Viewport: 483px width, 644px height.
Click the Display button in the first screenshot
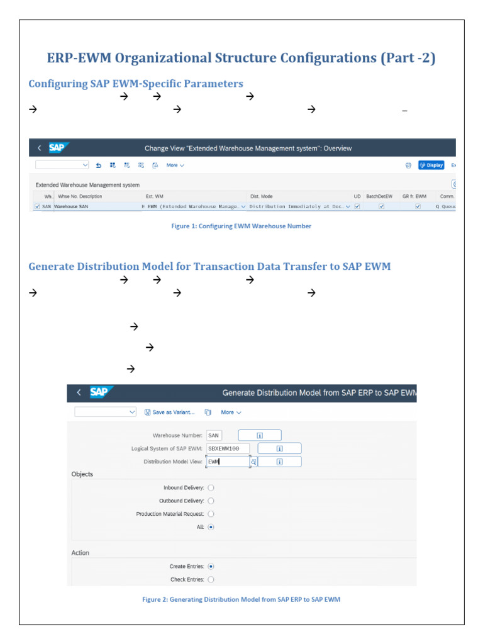point(431,165)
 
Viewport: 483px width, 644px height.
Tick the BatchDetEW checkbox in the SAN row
point(381,206)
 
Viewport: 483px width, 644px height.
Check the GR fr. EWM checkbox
point(417,206)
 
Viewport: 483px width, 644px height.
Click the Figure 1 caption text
point(241,226)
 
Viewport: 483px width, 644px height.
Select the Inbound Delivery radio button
point(211,487)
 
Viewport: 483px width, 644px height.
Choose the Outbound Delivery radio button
point(211,501)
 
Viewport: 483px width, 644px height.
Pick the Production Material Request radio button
point(211,514)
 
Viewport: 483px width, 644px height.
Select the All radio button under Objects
point(211,527)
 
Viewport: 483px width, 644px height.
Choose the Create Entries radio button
point(211,566)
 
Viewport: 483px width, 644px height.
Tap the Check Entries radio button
point(211,579)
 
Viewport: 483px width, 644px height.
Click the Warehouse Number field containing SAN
point(214,435)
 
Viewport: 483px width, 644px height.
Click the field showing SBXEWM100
point(227,448)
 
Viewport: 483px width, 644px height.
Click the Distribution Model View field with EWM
point(227,462)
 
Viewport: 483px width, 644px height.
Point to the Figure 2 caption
point(241,599)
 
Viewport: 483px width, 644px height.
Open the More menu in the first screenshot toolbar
point(175,165)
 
